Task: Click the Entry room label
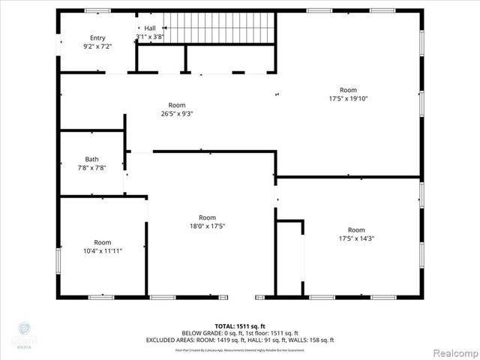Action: point(97,37)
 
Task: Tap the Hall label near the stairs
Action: point(150,28)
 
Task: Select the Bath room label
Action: point(91,159)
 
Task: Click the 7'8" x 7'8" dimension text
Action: point(91,168)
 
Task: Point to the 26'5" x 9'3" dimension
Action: point(177,114)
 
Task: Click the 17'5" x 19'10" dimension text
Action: point(348,98)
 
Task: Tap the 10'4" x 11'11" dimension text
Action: point(102,250)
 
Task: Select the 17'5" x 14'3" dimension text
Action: point(355,238)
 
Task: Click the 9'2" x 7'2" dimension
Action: point(97,46)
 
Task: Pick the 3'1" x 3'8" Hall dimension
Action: point(150,37)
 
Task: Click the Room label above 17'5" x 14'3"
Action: point(355,229)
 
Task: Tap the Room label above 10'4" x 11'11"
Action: point(102,242)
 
